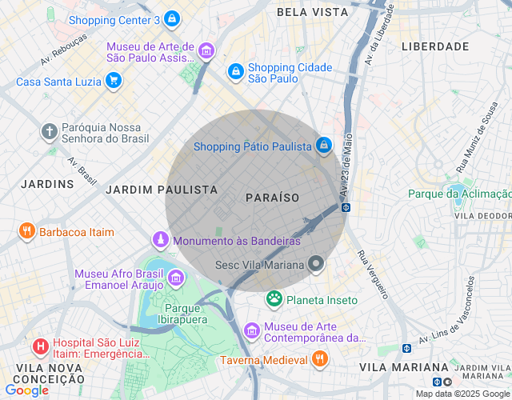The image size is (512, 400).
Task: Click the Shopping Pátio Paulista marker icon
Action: pyautogui.click(x=324, y=146)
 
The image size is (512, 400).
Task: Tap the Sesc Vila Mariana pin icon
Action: pyautogui.click(x=317, y=264)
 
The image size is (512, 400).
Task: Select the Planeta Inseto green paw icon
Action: pyautogui.click(x=274, y=299)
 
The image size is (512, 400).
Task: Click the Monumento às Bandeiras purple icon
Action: pyautogui.click(x=162, y=240)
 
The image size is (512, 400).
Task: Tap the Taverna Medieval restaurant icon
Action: pyautogui.click(x=319, y=359)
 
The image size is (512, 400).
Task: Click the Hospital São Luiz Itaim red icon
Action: pyautogui.click(x=39, y=347)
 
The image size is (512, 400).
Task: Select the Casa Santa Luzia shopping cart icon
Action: pyautogui.click(x=114, y=81)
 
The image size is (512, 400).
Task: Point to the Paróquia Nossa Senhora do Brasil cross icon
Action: pyautogui.click(x=50, y=130)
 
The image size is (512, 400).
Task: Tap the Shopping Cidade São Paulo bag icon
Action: pyautogui.click(x=235, y=73)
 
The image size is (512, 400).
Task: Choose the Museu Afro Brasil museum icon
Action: pyautogui.click(x=175, y=279)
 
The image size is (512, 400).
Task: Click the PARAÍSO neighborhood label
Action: pyautogui.click(x=272, y=197)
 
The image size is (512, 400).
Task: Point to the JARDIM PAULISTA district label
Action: pyautogui.click(x=162, y=190)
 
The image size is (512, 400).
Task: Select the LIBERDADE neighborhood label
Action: pyautogui.click(x=435, y=46)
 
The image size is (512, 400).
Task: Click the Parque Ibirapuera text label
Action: pyautogui.click(x=186, y=314)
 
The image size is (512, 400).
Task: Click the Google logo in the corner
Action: pyautogui.click(x=26, y=390)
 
